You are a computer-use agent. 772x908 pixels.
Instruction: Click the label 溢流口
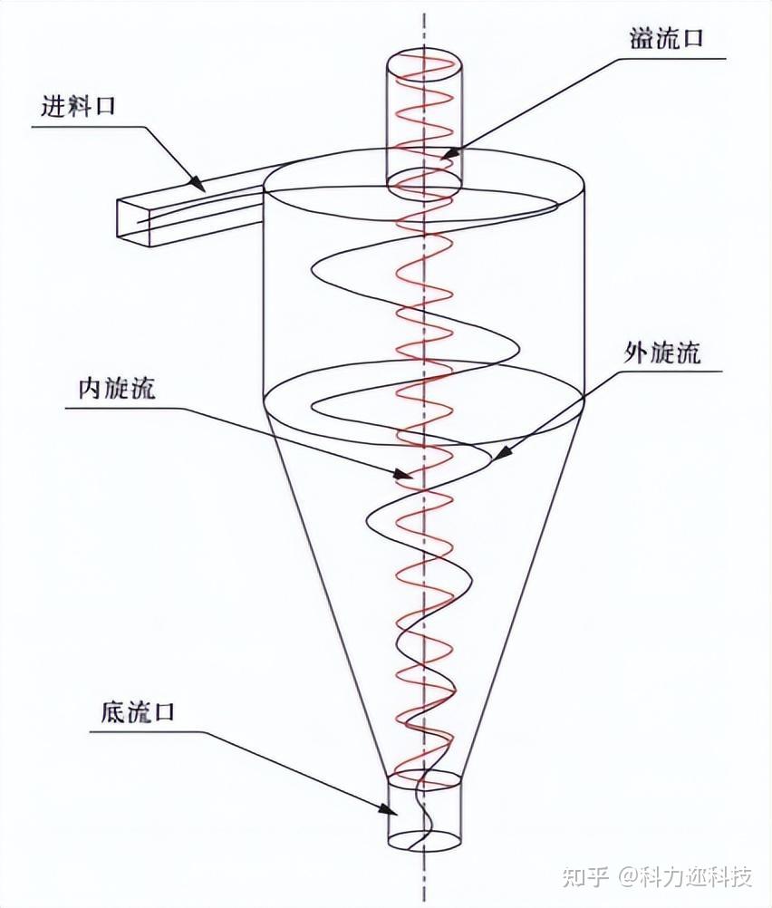pyautogui.click(x=666, y=40)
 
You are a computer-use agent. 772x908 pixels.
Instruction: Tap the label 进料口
pyautogui.click(x=79, y=107)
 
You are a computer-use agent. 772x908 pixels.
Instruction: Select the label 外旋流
pyautogui.click(x=661, y=353)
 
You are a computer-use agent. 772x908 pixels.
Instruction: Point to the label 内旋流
pyautogui.click(x=117, y=389)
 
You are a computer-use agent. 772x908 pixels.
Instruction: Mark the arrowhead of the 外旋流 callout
pyautogui.click(x=497, y=459)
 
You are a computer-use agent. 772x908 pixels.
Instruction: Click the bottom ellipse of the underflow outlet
pyautogui.click(x=425, y=839)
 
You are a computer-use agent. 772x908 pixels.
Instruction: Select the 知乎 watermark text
pyautogui.click(x=584, y=877)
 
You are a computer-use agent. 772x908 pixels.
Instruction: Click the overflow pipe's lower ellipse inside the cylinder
pyautogui.click(x=425, y=180)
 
